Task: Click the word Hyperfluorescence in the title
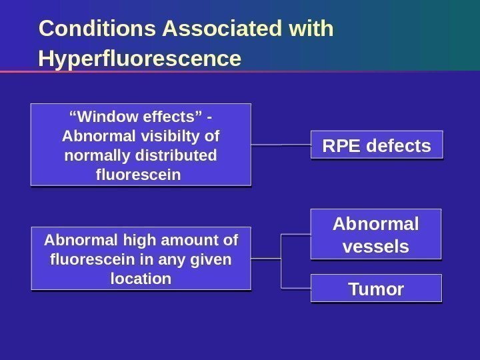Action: pos(139,59)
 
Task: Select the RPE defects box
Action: pos(377,145)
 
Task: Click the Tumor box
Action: pos(377,289)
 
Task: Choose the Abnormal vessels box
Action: pos(376,234)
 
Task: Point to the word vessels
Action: pos(375,247)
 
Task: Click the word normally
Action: pos(97,155)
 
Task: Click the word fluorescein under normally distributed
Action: pos(139,175)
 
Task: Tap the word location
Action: pos(141,278)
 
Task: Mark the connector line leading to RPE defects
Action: pos(281,145)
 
